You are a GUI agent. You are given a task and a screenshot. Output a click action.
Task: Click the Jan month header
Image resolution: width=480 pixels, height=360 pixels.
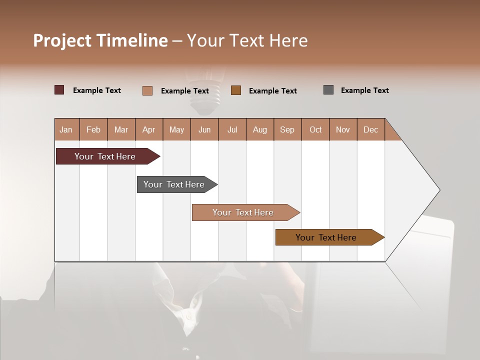point(66,129)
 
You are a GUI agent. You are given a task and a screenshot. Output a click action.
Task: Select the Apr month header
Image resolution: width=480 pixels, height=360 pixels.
point(148,129)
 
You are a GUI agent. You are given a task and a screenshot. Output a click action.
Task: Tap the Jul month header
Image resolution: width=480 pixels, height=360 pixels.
point(232,129)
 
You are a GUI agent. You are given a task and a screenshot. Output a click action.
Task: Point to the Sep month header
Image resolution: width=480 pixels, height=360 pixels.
point(287,129)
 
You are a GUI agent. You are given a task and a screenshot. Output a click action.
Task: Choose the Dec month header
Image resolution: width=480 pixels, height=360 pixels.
point(370,129)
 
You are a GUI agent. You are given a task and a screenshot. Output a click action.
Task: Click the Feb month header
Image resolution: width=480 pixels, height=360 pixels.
point(93,129)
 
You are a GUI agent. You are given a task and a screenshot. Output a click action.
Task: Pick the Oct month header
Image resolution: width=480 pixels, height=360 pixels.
point(315,129)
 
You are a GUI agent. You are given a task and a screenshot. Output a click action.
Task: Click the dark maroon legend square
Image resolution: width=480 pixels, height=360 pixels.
point(59,90)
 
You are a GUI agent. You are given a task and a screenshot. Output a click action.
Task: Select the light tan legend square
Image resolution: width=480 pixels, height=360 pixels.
point(147,90)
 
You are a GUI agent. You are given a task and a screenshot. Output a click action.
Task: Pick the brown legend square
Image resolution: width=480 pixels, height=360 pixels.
point(236,90)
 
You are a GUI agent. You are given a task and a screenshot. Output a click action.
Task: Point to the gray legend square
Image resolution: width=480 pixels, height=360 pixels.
point(328,90)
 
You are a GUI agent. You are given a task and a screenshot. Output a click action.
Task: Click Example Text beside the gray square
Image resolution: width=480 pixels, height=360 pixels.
point(364,90)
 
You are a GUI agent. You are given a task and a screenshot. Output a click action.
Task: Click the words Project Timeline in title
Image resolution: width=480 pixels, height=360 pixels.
point(100,40)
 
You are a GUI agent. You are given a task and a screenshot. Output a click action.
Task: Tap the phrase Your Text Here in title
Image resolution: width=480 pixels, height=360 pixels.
point(247,40)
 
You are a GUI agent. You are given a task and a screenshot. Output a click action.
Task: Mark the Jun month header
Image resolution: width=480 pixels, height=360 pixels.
point(204,129)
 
